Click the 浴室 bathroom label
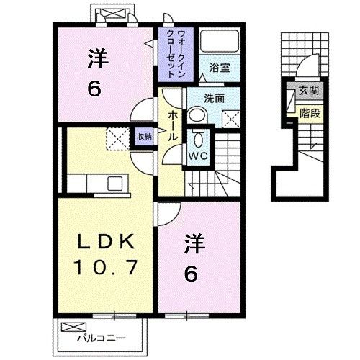220,68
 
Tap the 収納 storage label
144,135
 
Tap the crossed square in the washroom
232,119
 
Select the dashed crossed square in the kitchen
115,138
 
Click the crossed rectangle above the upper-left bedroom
112,14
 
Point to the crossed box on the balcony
73,325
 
